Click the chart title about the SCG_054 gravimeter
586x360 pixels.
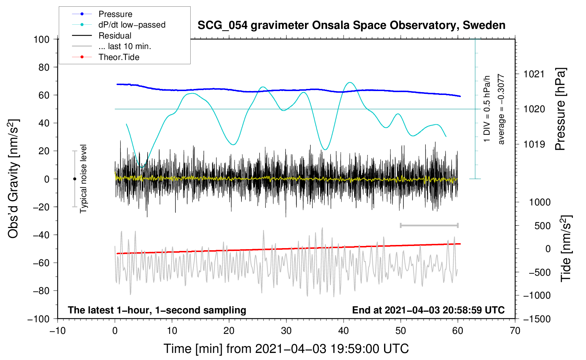click(351, 25)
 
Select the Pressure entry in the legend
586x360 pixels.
click(115, 14)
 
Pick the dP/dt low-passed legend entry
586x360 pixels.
click(132, 25)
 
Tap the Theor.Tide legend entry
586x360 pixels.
click(119, 57)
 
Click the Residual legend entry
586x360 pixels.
click(115, 36)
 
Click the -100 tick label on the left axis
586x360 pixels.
click(38, 319)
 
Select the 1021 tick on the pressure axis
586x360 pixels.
click(534, 74)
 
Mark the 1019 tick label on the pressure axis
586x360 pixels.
click(534, 144)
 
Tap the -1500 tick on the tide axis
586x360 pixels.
click(537, 319)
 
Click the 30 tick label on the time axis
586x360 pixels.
click(286, 331)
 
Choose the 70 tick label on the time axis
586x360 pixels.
click(515, 331)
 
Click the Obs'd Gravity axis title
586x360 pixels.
click(13, 179)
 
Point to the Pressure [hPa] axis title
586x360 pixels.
click(561, 109)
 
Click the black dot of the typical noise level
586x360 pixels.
click(74, 179)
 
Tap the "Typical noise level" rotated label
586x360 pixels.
click(83, 179)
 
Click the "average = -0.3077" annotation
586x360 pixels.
click(501, 109)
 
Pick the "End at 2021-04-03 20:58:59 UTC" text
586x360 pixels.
click(428, 310)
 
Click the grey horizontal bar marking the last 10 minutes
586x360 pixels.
click(429, 225)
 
